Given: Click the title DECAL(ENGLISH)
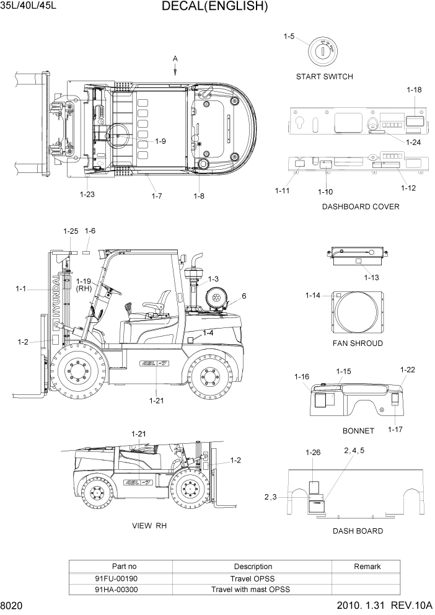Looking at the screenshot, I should point(214,7).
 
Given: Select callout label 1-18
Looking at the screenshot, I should point(414,90).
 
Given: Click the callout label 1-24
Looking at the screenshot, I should point(413,142).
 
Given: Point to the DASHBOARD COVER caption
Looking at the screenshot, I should point(360,206).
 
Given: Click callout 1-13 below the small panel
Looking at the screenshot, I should point(372,277).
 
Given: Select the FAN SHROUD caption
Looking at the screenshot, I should point(358,343).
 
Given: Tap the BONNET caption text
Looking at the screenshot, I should point(358,430).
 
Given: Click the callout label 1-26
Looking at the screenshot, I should point(313,453).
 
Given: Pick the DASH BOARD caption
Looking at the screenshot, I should point(358,531).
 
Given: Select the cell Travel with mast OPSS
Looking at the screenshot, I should point(250,590).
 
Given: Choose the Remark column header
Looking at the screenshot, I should point(367,566).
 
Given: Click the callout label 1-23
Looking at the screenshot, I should point(87,194).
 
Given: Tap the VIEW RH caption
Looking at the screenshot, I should point(149,526).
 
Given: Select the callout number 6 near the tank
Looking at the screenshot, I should point(244,296).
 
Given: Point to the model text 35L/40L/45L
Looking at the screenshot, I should point(29,7).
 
